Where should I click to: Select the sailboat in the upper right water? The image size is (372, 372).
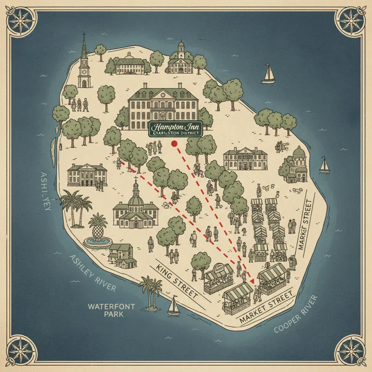(269, 74)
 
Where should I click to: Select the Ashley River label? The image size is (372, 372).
(93, 274)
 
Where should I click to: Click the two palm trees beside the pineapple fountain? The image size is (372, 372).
(77, 207)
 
